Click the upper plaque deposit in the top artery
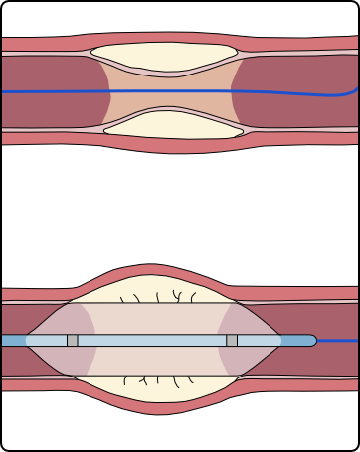164,59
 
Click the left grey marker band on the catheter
73,340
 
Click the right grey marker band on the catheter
232,340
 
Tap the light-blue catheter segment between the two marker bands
149,340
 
